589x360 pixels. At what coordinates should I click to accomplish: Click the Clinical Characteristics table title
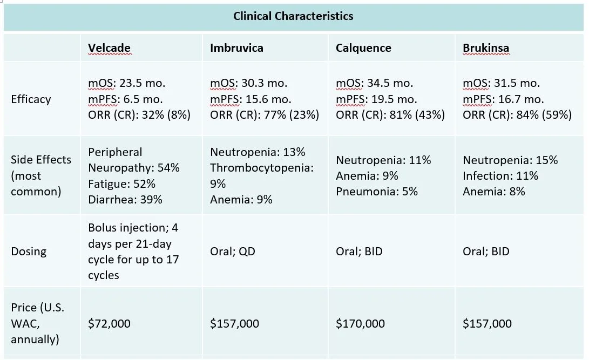pos(293,16)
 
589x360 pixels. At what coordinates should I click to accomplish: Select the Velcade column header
pos(109,48)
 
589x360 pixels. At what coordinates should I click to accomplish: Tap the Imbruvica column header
pos(236,48)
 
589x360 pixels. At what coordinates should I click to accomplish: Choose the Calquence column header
pos(363,48)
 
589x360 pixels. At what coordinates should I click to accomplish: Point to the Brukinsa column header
pos(485,48)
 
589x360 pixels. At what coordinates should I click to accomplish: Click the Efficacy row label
pos(31,99)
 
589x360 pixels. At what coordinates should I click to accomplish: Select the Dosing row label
pos(29,252)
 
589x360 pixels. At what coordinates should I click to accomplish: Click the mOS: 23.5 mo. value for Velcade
pos(127,83)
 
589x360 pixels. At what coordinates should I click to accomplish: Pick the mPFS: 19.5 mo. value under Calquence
pos(376,99)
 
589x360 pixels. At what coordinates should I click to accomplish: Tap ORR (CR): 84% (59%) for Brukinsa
pos(517,115)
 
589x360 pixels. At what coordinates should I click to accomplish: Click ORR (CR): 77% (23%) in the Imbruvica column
pos(265,115)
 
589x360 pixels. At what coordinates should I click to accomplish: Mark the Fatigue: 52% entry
pos(121,184)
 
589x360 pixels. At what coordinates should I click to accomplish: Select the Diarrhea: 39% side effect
pos(125,200)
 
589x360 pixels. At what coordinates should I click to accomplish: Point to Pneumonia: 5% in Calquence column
pos(376,192)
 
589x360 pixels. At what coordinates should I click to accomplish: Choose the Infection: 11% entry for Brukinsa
pos(500,176)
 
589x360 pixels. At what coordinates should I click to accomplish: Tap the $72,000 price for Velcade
pos(109,324)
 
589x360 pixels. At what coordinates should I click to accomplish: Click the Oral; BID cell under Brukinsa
pos(486,252)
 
